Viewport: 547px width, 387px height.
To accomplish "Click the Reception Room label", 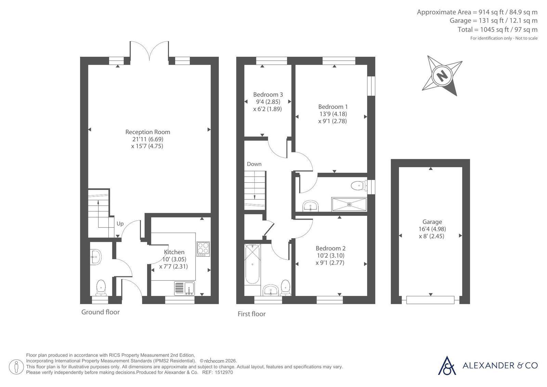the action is click(148, 132).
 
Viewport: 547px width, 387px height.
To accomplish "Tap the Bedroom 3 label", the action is click(268, 94).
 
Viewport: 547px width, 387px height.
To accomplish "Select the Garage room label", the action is click(432, 222).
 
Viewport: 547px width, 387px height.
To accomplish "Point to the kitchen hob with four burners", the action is click(203, 249).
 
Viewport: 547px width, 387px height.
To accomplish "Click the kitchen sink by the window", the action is click(185, 288).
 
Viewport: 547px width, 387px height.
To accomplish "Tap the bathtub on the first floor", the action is click(252, 264).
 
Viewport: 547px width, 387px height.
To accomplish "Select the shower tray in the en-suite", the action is click(349, 204).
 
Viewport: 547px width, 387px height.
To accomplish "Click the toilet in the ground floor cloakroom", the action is click(101, 287).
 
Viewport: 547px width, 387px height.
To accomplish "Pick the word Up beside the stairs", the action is click(120, 223).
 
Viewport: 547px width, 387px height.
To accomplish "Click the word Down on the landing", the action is click(254, 164).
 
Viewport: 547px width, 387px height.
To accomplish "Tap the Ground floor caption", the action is click(100, 312).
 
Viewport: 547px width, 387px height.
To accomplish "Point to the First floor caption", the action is click(251, 314).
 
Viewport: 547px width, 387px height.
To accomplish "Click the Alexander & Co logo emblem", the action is click(447, 365).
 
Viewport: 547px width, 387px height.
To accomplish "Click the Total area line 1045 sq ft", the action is click(497, 29).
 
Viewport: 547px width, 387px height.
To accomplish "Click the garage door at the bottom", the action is click(430, 300).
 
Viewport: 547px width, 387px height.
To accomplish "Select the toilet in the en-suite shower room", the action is click(359, 186).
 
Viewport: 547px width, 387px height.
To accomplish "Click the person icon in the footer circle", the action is click(16, 367).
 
